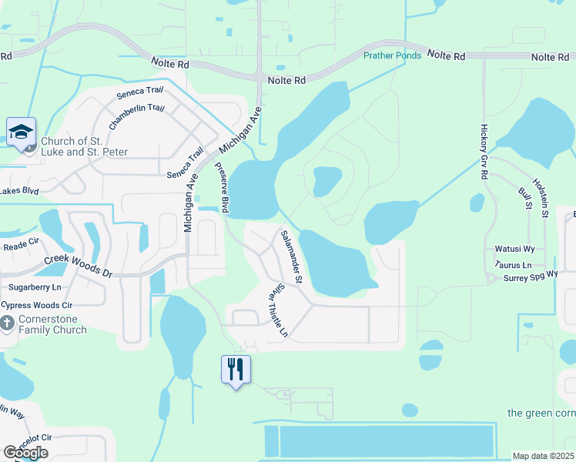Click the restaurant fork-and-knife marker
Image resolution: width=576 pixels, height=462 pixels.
pos(236,370)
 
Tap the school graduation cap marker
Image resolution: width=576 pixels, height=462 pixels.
pos(22,132)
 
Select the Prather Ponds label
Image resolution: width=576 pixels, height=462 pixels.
pos(393,55)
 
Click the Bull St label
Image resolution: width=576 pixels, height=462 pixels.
pos(525,197)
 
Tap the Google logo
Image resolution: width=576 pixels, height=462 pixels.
pos(25,453)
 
